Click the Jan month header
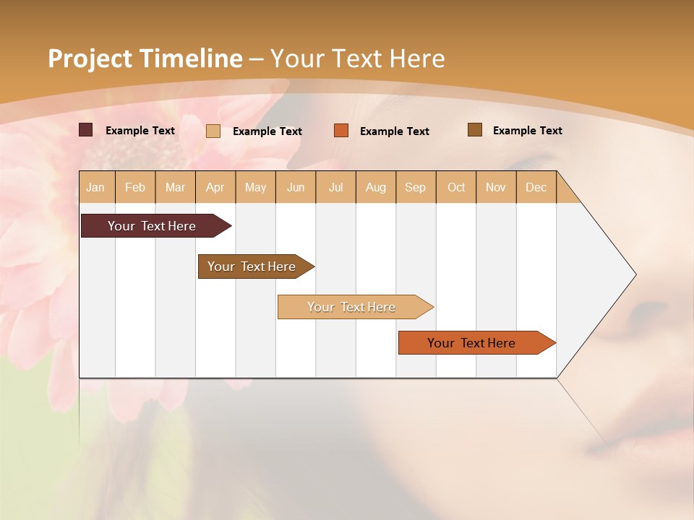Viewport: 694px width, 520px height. pos(96,187)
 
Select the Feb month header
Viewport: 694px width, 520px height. pos(135,187)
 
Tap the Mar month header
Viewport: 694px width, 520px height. pos(175,187)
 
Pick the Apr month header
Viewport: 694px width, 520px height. pos(215,187)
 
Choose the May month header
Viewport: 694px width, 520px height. pos(255,187)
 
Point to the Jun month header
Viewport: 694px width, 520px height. pos(296,187)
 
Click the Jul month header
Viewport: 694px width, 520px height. pos(335,187)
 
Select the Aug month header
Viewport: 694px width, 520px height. pos(376,187)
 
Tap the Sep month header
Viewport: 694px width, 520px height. pos(416,187)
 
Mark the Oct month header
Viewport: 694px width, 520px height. pos(456,187)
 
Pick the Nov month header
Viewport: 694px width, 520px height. pos(496,187)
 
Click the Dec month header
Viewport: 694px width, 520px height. pos(536,187)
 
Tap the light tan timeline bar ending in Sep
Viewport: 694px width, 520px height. pos(352,307)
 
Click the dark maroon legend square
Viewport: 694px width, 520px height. pos(86,130)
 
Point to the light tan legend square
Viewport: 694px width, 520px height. pos(213,131)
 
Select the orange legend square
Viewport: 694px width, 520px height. pos(341,131)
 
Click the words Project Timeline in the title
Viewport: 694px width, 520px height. pos(145,58)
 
